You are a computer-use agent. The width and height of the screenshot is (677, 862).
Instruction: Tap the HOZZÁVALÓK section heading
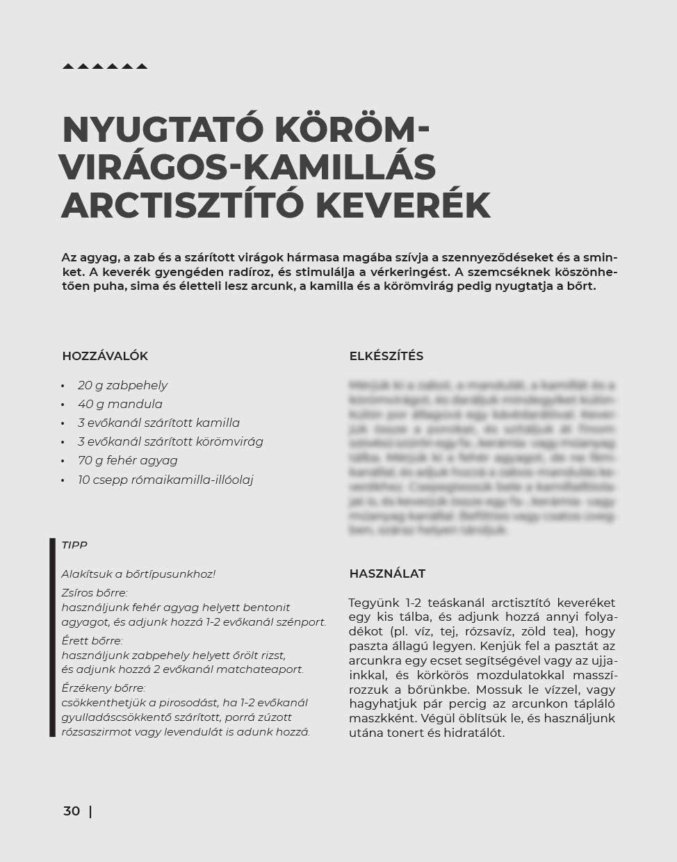pos(105,356)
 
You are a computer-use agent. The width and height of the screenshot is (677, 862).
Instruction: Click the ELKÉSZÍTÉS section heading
pos(386,356)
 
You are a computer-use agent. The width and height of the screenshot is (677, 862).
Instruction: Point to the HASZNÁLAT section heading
pos(387,574)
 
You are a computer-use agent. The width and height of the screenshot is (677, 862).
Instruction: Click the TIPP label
pos(74,546)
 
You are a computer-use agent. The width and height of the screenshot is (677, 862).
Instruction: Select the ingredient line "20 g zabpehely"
pos(122,385)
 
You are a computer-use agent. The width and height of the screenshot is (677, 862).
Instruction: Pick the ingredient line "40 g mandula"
pos(120,404)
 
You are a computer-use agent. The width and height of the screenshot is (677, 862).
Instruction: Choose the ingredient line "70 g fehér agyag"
pos(127,460)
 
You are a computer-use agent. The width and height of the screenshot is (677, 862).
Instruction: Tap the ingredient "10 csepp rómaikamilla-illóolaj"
pos(165,480)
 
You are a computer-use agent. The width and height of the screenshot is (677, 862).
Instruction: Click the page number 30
pos(72,811)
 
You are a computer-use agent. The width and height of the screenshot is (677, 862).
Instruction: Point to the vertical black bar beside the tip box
pos(52,637)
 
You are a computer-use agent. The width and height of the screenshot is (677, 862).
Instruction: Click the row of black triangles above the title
pos(105,67)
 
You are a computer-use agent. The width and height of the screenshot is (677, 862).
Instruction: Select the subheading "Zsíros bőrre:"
pos(95,593)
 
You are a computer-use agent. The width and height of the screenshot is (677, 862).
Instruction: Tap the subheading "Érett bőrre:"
pos(92,640)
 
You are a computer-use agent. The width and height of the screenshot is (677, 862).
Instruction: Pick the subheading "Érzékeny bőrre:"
pos(104,688)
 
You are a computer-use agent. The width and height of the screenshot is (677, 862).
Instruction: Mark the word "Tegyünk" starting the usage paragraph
pos(372,603)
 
